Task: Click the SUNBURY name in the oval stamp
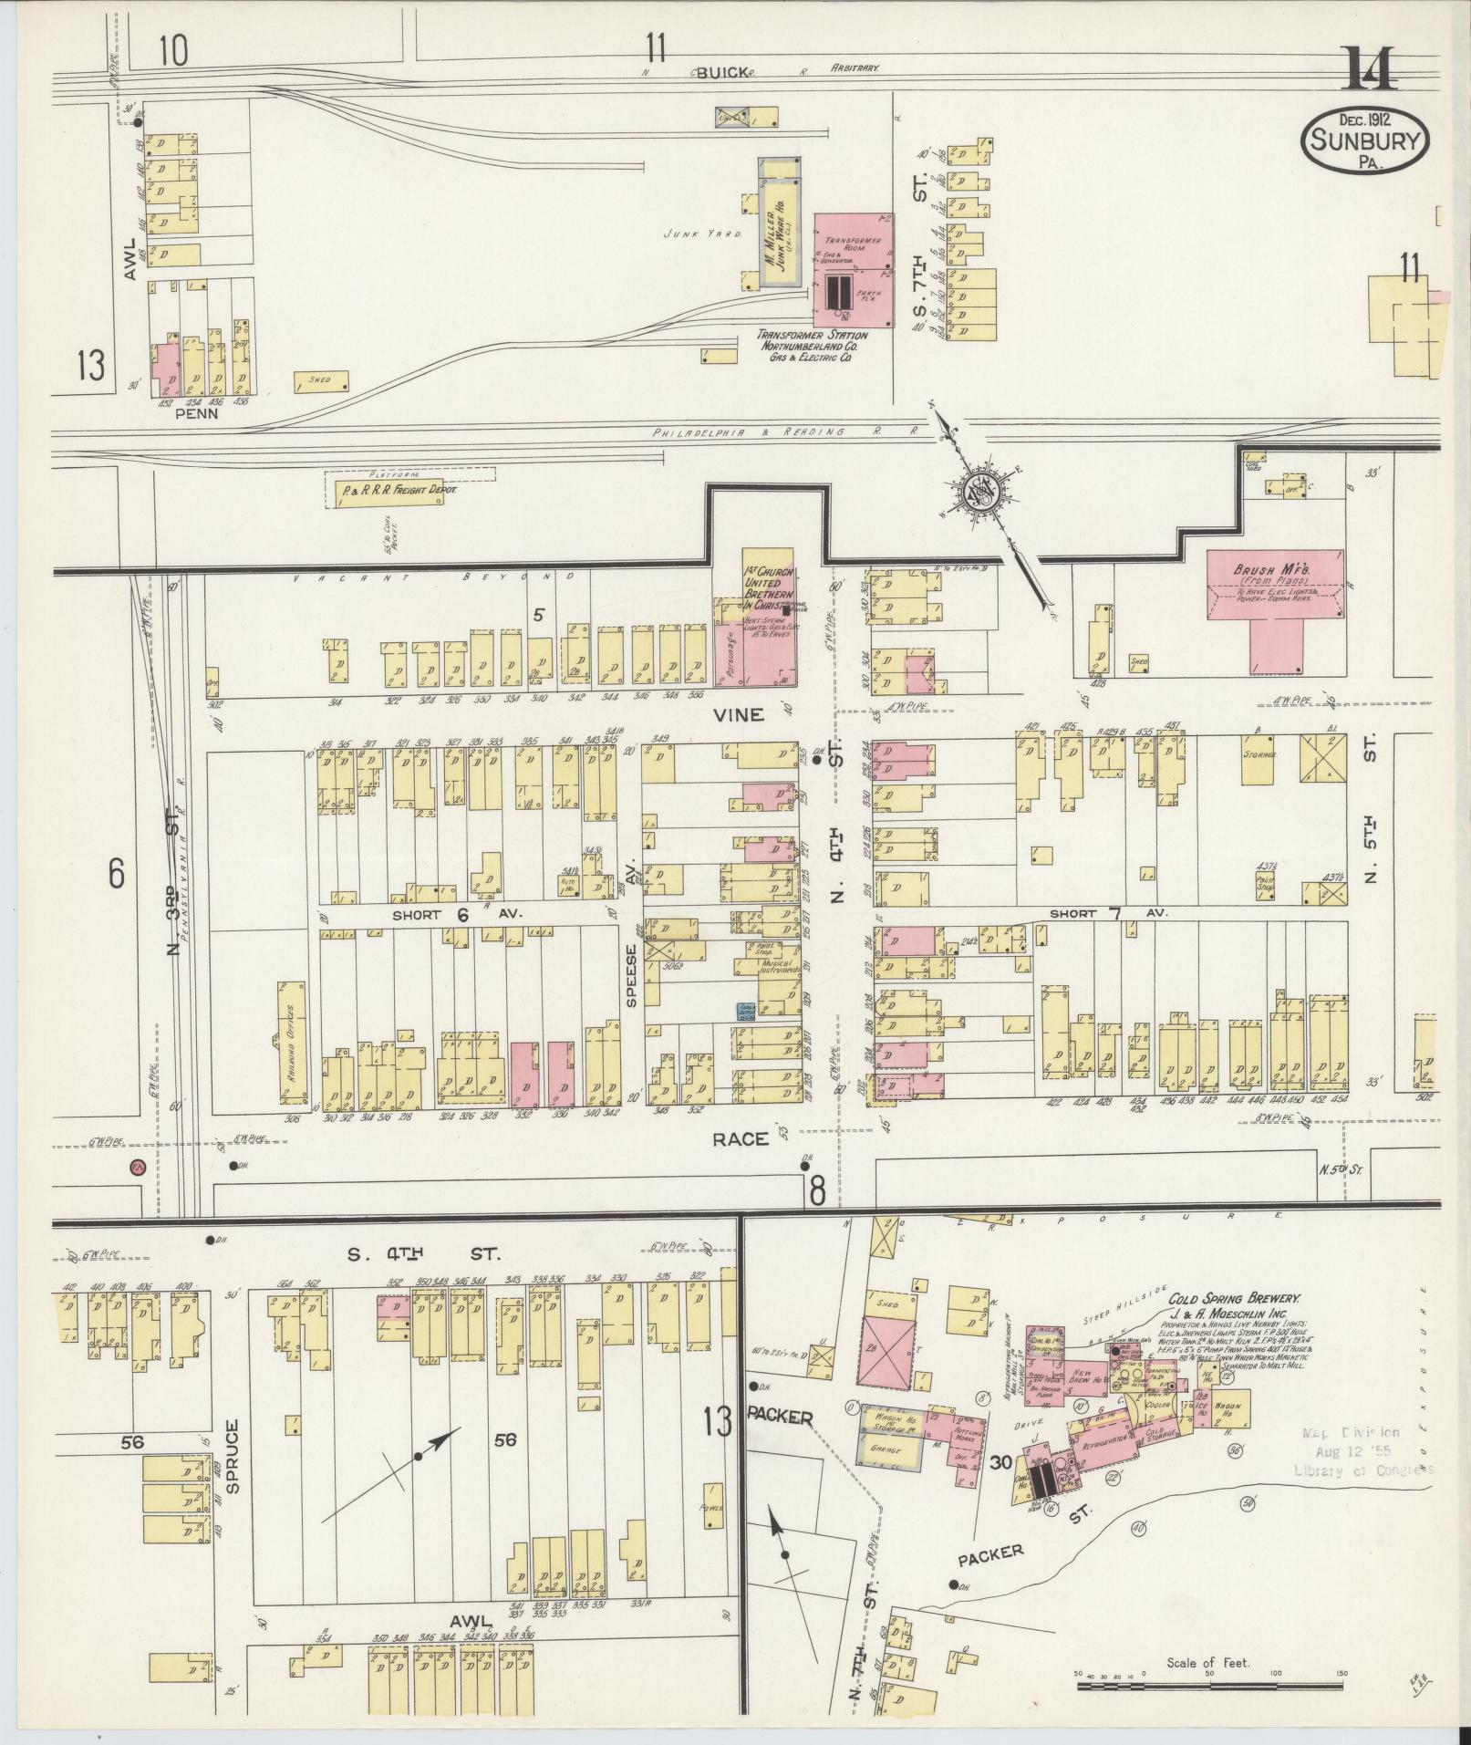tap(1365, 140)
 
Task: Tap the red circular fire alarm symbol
tap(138, 1168)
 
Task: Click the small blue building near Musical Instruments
tap(744, 1011)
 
